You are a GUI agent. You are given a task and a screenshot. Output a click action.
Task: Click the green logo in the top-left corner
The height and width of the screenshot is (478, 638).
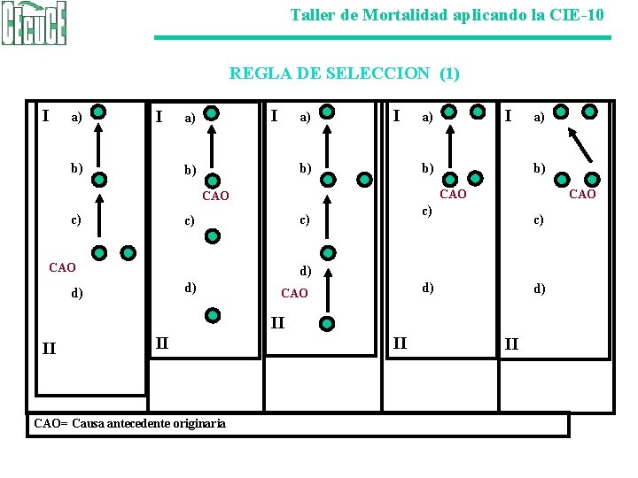[x=34, y=24]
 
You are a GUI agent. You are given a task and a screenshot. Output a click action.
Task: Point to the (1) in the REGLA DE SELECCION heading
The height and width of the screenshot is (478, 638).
[x=449, y=73]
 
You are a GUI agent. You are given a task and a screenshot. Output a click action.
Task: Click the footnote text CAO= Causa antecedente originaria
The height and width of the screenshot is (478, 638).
[x=129, y=423]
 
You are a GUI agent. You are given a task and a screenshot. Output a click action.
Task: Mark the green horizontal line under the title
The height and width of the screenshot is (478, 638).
[x=383, y=37]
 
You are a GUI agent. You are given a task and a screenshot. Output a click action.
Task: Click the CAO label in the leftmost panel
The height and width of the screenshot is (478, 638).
[x=62, y=266]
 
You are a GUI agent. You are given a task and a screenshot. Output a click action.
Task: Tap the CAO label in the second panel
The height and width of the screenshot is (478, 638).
[x=215, y=196]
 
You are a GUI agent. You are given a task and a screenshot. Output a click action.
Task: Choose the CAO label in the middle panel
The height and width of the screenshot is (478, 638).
[x=294, y=293]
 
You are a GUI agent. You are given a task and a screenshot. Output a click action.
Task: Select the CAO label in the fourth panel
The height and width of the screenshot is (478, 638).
[x=453, y=194]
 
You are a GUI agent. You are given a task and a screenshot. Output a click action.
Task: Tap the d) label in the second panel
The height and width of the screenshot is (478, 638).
[x=190, y=288]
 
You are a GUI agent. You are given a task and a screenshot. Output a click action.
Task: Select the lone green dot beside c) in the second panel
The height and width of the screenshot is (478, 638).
[x=212, y=235]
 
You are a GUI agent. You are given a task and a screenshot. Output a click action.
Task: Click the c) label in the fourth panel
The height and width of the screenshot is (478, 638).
[x=426, y=211]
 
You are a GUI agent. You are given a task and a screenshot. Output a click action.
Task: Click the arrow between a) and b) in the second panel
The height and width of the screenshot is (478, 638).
[x=212, y=145]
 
